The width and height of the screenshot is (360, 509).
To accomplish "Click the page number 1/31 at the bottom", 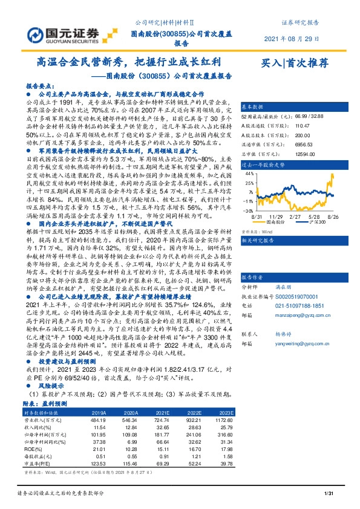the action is pos(329,495).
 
